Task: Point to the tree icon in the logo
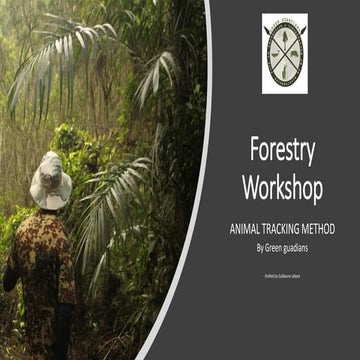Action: click(284, 41)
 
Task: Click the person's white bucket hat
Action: click(50, 181)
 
